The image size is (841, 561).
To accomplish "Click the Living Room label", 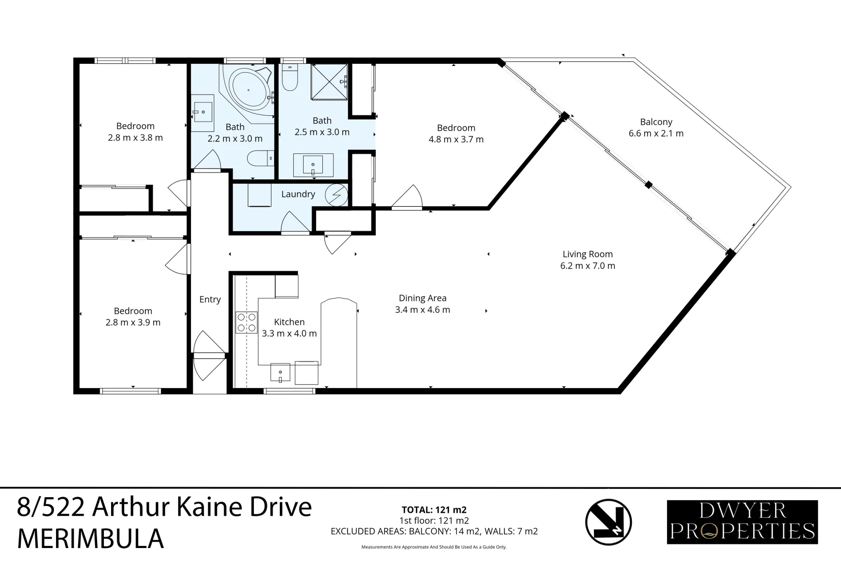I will [588, 254].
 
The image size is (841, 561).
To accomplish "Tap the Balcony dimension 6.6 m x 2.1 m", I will [656, 133].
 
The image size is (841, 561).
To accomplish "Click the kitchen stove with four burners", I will [247, 322].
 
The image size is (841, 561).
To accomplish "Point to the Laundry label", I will [298, 194].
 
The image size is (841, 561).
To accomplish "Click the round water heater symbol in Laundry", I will [335, 194].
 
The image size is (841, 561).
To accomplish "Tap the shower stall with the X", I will [329, 81].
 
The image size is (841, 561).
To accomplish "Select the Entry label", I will [210, 300].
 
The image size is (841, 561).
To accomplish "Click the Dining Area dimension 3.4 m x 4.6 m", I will [422, 310].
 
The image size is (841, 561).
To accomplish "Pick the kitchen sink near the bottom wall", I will [281, 373].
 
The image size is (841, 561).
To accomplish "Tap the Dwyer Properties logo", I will [742, 522].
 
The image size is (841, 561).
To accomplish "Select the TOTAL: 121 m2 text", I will [434, 510].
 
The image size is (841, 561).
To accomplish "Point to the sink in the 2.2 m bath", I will [203, 111].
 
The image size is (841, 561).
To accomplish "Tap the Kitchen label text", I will [289, 322].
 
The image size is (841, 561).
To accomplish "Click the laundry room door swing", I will [295, 223].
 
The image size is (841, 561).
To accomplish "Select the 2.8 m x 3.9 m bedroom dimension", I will [133, 323].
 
